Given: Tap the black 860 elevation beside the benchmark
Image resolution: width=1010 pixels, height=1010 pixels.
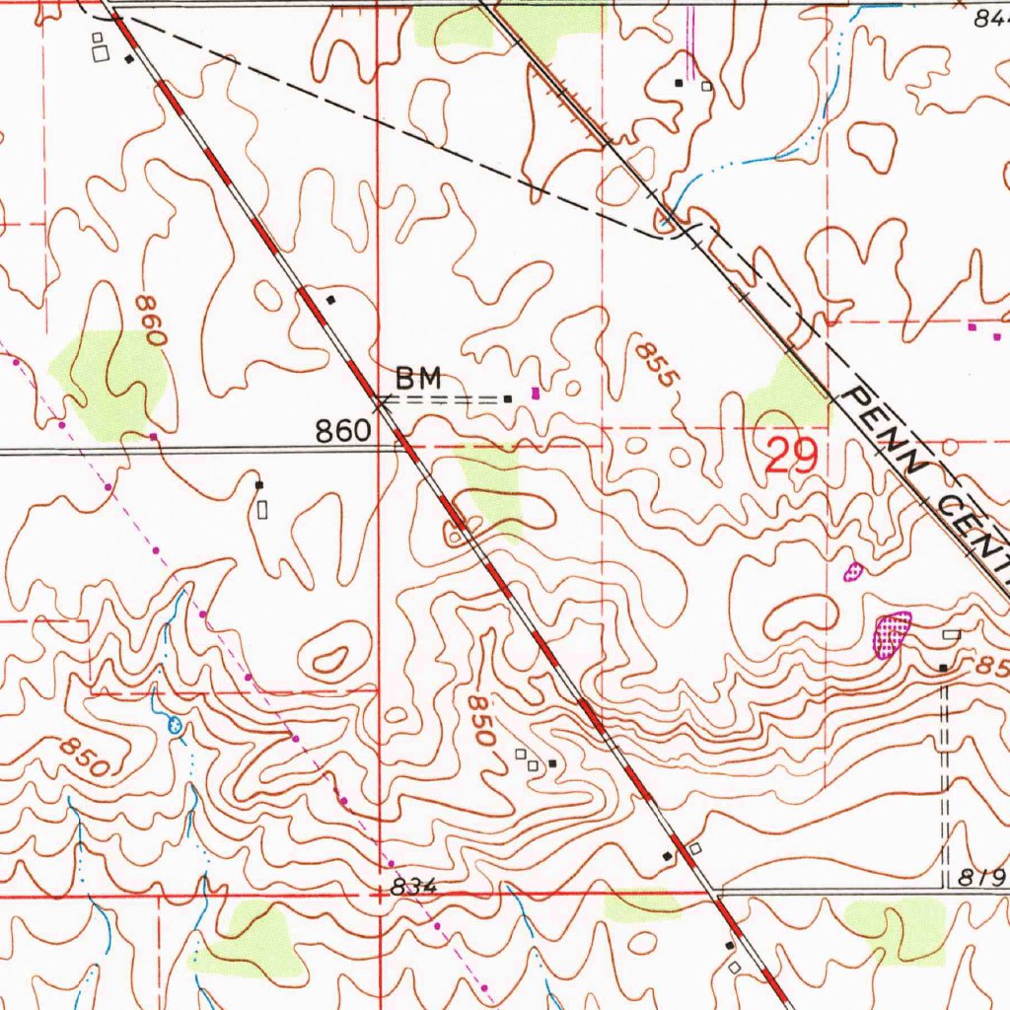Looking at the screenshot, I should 344,430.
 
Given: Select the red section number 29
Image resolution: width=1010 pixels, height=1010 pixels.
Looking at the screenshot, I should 792,457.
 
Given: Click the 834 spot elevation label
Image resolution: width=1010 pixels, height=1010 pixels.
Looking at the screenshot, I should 412,888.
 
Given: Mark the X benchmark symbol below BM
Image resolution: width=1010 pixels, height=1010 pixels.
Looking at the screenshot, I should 382,401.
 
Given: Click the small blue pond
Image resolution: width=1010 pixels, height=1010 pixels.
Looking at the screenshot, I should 176,726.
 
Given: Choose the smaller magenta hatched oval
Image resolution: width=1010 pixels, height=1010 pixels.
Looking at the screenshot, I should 853,570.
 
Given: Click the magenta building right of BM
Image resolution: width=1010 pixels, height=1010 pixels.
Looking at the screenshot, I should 536,393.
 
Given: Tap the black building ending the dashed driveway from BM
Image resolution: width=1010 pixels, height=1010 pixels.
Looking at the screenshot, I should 507,399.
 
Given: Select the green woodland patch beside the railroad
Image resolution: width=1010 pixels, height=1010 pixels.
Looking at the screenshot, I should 786,393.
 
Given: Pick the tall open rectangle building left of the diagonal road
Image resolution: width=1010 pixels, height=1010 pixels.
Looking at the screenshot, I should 262,509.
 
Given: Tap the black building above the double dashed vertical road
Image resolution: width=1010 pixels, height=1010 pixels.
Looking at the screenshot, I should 943,668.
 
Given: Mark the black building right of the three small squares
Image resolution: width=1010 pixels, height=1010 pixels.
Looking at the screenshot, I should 552,763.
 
